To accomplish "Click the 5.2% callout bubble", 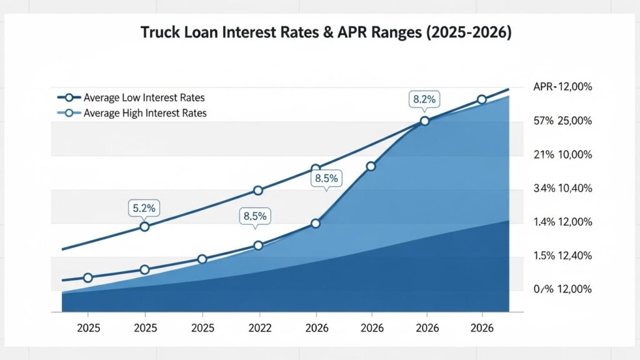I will pyautogui.click(x=144, y=207).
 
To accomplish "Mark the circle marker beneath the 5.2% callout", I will pyautogui.click(x=144, y=226).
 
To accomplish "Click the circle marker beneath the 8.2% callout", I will pyautogui.click(x=425, y=121).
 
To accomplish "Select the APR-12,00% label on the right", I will pyautogui.click(x=563, y=87).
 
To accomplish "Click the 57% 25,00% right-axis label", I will pyautogui.click(x=563, y=121).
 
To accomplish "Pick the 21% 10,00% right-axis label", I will pyautogui.click(x=563, y=155).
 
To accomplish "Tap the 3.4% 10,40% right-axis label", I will pyautogui.click(x=563, y=189).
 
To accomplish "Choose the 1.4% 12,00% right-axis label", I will pyautogui.click(x=563, y=222).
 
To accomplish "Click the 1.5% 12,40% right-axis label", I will pyautogui.click(x=563, y=256).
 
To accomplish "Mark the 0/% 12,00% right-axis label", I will pyautogui.click(x=563, y=289).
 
